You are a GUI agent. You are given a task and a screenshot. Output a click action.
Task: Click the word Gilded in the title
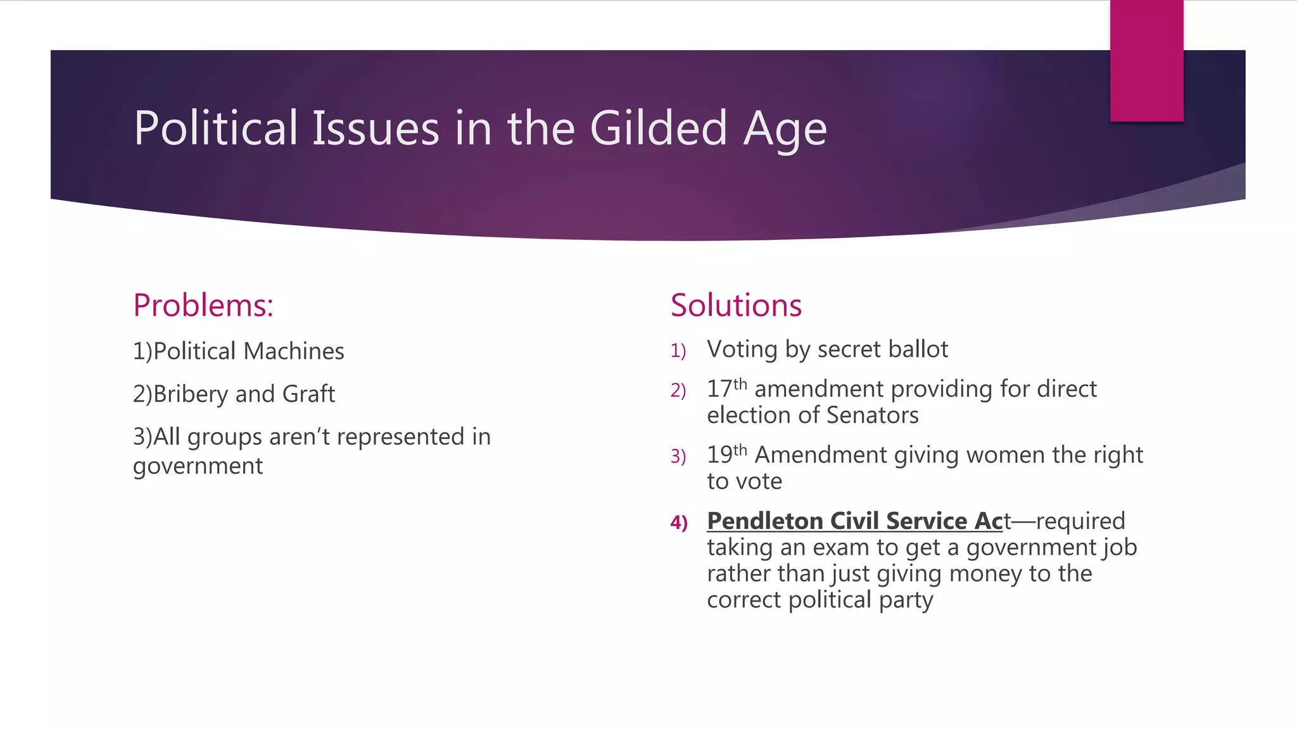coord(659,128)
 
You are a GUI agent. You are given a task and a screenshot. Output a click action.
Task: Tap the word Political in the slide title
coord(216,128)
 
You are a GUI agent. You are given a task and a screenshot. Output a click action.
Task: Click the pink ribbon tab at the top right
coord(1146,61)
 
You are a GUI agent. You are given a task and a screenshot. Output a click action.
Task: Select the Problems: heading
coord(203,306)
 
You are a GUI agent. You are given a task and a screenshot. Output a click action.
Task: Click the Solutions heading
coord(736,306)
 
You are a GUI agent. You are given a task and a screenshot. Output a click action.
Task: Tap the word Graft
coord(308,394)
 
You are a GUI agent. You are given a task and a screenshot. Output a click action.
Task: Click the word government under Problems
coord(198,466)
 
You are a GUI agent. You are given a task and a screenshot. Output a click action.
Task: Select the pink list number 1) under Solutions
coord(678,351)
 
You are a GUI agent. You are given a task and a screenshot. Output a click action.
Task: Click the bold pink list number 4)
coord(679,523)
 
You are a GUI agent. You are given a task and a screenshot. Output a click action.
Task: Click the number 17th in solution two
coord(726,389)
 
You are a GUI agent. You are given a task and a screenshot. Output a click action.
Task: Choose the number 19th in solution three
coord(726,454)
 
